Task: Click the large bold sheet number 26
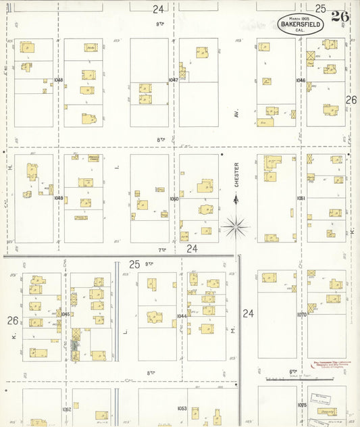click(340, 17)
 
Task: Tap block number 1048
click(58, 80)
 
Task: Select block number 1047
click(173, 80)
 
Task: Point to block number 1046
click(301, 80)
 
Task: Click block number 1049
click(58, 198)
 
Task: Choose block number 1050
click(174, 199)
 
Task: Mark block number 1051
click(301, 198)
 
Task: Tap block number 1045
click(66, 313)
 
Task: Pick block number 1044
click(182, 316)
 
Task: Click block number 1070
click(301, 314)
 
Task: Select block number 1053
click(182, 408)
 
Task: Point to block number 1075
click(301, 405)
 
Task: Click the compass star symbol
click(236, 226)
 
